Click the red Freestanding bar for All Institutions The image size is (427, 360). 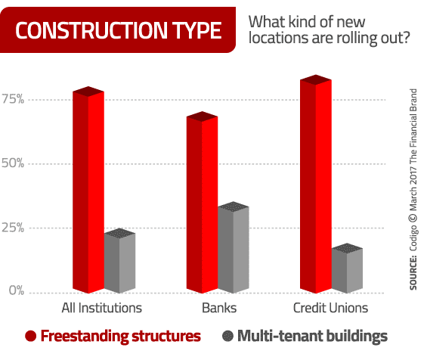[x=88, y=190]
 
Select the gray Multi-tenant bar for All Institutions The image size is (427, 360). [x=119, y=261]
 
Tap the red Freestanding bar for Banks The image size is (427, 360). [x=202, y=202]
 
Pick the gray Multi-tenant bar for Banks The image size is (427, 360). [x=234, y=247]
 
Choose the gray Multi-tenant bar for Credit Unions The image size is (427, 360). [x=347, y=268]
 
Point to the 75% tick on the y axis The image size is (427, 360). [x=13, y=99]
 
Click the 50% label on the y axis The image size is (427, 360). [x=13, y=163]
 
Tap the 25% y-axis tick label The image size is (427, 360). [x=13, y=228]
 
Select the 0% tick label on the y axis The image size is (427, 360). [x=17, y=290]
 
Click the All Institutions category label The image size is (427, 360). [x=101, y=308]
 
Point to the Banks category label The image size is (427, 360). [x=219, y=308]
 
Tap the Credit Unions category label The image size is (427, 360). [x=330, y=308]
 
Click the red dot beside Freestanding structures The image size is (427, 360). [x=30, y=336]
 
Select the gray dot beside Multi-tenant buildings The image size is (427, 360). [x=227, y=336]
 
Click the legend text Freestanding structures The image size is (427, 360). [x=121, y=337]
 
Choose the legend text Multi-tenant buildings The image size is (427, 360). [x=312, y=337]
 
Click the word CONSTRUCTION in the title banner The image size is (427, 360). [x=91, y=30]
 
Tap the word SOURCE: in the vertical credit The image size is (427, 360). [x=413, y=272]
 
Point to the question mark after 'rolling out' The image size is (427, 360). [x=406, y=37]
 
